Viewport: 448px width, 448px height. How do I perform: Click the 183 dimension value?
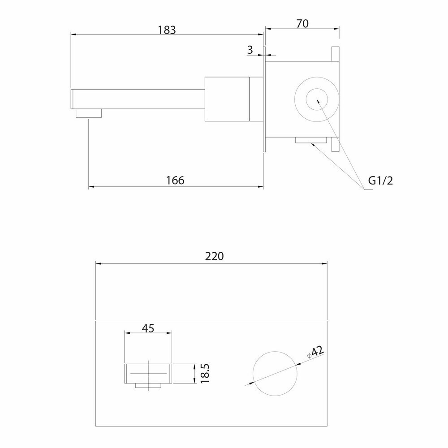[167, 30]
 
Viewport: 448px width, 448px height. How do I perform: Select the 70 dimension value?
[302, 23]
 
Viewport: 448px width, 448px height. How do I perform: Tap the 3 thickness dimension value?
[250, 50]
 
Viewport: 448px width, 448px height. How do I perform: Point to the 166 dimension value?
[175, 181]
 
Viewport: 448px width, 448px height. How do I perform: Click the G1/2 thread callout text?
[380, 181]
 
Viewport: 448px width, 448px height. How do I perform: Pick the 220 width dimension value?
[214, 256]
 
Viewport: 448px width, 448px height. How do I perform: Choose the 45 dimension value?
[148, 328]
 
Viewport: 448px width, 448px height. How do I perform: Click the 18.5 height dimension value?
[205, 374]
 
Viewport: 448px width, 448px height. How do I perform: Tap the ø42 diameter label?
[315, 352]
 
